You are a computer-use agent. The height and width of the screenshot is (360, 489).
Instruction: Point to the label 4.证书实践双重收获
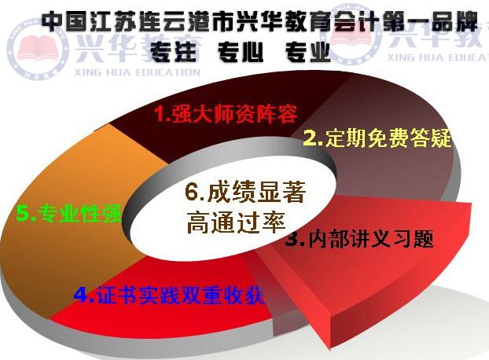pyautogui.click(x=168, y=295)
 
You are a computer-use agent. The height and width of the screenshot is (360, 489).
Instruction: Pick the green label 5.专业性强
pyautogui.click(x=70, y=213)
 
